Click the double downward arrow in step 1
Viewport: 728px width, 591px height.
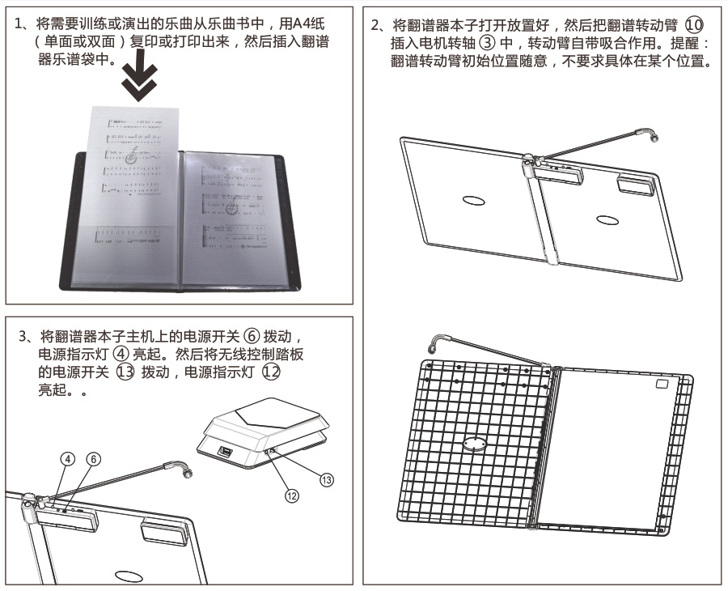click(x=139, y=83)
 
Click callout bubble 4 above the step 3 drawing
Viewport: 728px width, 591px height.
click(x=68, y=459)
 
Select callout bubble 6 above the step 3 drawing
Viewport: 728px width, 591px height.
click(x=94, y=459)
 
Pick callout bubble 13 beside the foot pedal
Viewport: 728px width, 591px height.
click(x=326, y=480)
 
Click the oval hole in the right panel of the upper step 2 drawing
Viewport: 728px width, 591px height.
click(x=606, y=219)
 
